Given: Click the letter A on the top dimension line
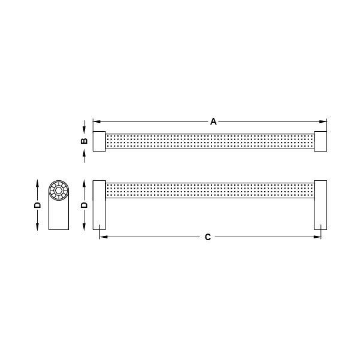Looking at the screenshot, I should click(x=213, y=121).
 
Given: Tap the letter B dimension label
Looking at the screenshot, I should click(x=84, y=141).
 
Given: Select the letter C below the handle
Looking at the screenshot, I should click(x=207, y=237).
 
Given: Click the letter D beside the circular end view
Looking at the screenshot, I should click(x=37, y=204).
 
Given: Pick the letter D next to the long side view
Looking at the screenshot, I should click(x=84, y=204).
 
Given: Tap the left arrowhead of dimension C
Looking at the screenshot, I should click(x=102, y=237).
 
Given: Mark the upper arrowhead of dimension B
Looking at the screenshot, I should click(x=84, y=128).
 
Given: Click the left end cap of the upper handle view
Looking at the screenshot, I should click(x=99, y=141).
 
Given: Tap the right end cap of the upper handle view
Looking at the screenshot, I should click(x=320, y=141).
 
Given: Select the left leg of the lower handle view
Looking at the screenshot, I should click(x=99, y=204).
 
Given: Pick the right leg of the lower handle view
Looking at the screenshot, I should click(x=320, y=204).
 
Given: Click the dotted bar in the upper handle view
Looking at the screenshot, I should click(x=210, y=141).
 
